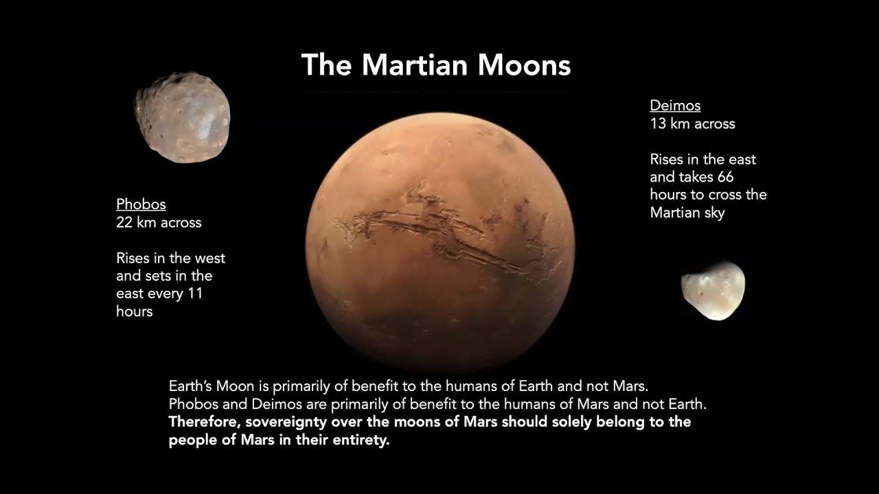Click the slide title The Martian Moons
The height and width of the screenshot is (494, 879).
[x=436, y=65]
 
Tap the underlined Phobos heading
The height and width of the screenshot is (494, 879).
[x=141, y=204]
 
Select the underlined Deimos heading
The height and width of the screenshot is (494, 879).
[x=675, y=106]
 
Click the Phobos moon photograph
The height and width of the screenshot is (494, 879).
[x=182, y=117]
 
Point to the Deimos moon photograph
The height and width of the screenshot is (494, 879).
[x=713, y=290]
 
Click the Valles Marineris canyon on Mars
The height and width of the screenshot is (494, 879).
[x=439, y=237]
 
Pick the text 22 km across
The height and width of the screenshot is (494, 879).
[x=159, y=222]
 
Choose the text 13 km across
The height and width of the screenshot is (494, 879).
[x=692, y=123]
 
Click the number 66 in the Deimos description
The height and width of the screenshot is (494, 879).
[x=725, y=177]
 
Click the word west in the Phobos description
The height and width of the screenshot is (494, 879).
[x=209, y=259]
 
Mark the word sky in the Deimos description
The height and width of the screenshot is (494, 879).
[x=714, y=213]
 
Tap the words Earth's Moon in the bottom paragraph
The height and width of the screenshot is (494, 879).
[x=207, y=386]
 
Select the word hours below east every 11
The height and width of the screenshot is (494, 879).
[x=134, y=311]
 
